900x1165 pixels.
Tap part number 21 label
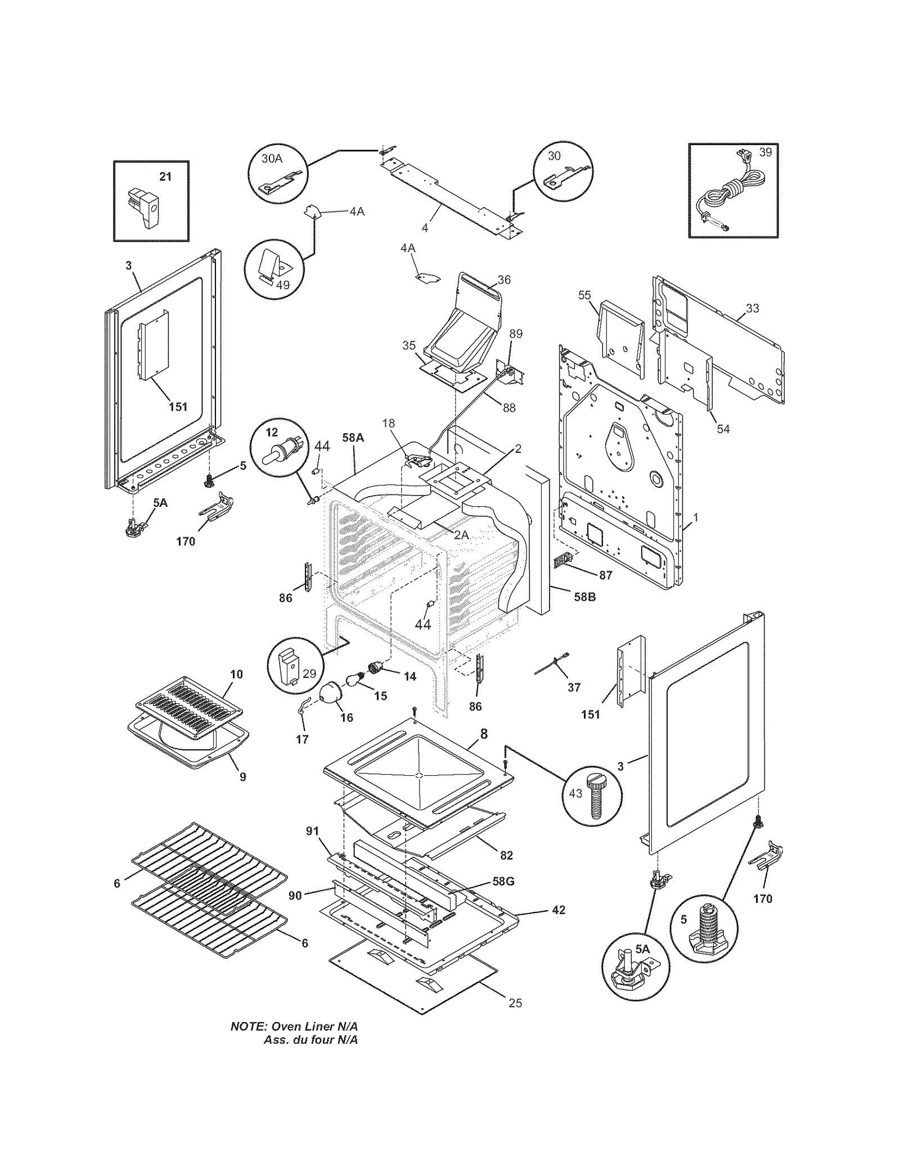tap(165, 177)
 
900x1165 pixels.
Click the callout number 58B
tap(584, 597)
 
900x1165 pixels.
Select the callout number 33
tap(752, 308)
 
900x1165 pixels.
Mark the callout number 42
tap(559, 910)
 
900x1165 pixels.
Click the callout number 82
tap(506, 856)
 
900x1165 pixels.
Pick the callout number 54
tap(723, 429)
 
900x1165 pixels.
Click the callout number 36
tap(504, 280)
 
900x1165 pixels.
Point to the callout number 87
tap(605, 575)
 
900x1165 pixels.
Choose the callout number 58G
tap(503, 881)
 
